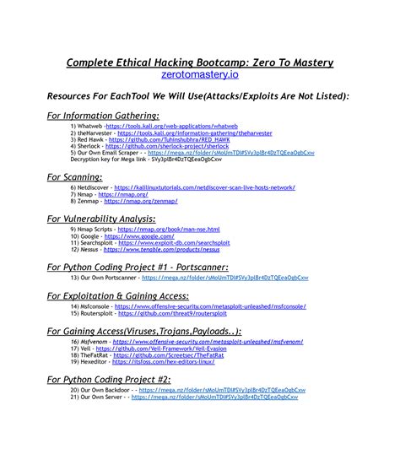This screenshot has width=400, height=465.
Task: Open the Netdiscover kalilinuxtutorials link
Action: (x=204, y=187)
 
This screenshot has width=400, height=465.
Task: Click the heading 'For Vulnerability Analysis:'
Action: (x=111, y=218)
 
